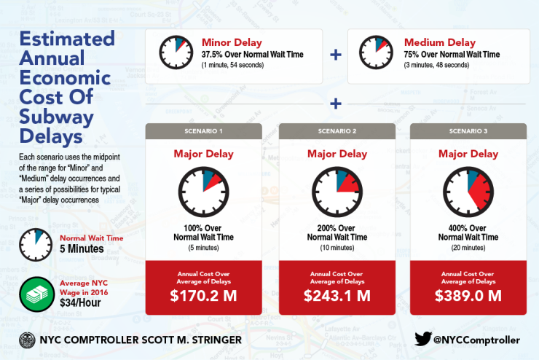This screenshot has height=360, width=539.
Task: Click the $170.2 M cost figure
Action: click(x=203, y=296)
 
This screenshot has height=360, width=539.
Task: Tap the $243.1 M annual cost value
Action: click(x=337, y=296)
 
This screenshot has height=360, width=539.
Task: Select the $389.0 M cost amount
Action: click(x=468, y=296)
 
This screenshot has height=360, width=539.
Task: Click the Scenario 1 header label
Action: click(x=203, y=131)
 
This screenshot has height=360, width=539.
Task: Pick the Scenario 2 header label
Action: click(x=337, y=131)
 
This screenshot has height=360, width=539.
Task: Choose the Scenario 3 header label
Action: click(x=468, y=131)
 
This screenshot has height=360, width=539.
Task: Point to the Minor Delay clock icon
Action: click(x=176, y=52)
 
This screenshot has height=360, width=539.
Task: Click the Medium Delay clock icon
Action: click(x=376, y=52)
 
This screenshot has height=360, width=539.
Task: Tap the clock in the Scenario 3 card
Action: click(x=468, y=192)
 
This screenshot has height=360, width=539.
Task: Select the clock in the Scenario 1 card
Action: click(x=203, y=192)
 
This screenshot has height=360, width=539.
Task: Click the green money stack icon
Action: click(x=36, y=294)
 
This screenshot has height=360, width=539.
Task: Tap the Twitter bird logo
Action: click(x=422, y=339)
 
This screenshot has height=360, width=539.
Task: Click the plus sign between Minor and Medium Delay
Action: click(x=336, y=55)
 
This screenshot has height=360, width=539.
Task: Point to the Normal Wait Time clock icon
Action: click(x=36, y=245)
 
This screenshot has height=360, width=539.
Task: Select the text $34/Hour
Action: click(x=80, y=302)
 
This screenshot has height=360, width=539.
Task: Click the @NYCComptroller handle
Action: click(x=476, y=340)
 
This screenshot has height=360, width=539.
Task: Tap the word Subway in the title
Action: click(x=56, y=117)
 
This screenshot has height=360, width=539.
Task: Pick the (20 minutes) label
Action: click(x=468, y=248)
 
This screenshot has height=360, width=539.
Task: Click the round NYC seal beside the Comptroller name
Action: click(x=27, y=340)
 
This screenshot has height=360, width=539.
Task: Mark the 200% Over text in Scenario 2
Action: click(x=337, y=228)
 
